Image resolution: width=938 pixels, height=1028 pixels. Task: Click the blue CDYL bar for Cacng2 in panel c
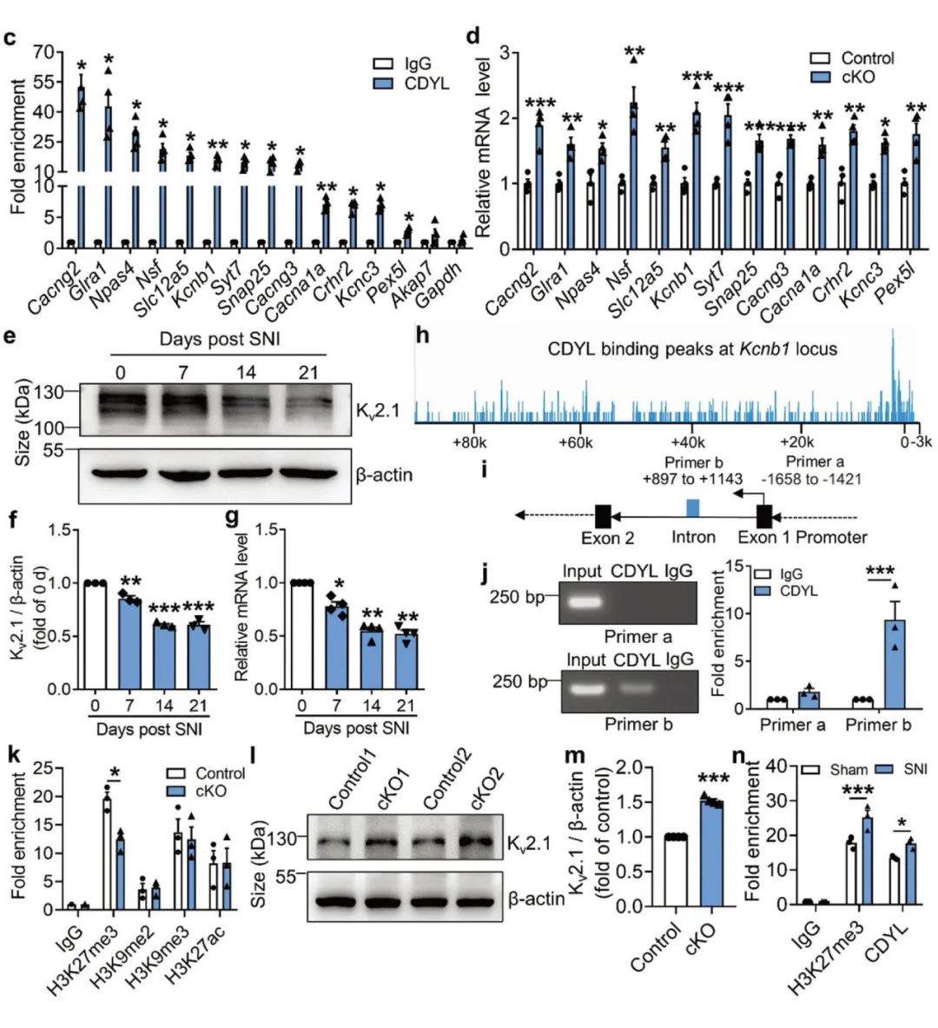tap(81, 165)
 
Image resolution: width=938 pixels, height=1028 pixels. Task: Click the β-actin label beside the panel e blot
tap(384, 474)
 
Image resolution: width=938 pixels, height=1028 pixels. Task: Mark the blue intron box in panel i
tap(692, 507)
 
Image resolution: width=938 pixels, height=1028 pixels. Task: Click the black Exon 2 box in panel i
tap(603, 514)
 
